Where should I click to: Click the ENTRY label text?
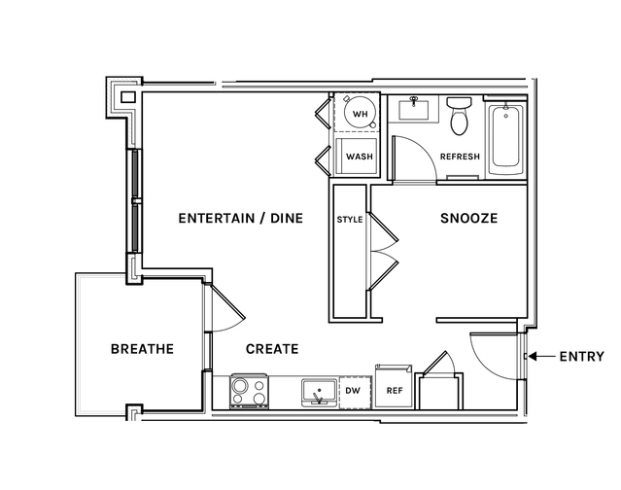click(x=582, y=357)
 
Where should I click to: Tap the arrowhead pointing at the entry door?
click(x=533, y=357)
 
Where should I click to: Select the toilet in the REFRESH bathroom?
click(x=459, y=116)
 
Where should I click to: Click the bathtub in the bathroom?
click(x=505, y=139)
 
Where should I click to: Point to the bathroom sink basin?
click(x=413, y=110)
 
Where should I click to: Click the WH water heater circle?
click(x=360, y=114)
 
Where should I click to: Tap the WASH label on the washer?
click(x=360, y=157)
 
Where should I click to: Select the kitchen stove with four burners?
click(x=250, y=391)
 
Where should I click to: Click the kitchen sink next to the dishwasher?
click(x=319, y=393)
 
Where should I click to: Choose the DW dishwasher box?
click(x=356, y=392)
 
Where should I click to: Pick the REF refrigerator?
click(x=394, y=387)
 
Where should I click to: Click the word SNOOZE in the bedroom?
click(x=469, y=218)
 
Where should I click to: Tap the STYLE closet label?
click(x=349, y=220)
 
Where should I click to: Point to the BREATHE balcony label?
click(x=142, y=349)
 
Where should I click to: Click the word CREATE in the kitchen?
click(x=272, y=349)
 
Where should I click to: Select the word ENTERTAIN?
click(x=217, y=218)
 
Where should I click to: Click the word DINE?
click(x=287, y=218)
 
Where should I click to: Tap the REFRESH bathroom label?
click(x=460, y=157)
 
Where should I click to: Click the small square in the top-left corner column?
click(x=128, y=97)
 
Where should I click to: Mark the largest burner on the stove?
click(x=240, y=385)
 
